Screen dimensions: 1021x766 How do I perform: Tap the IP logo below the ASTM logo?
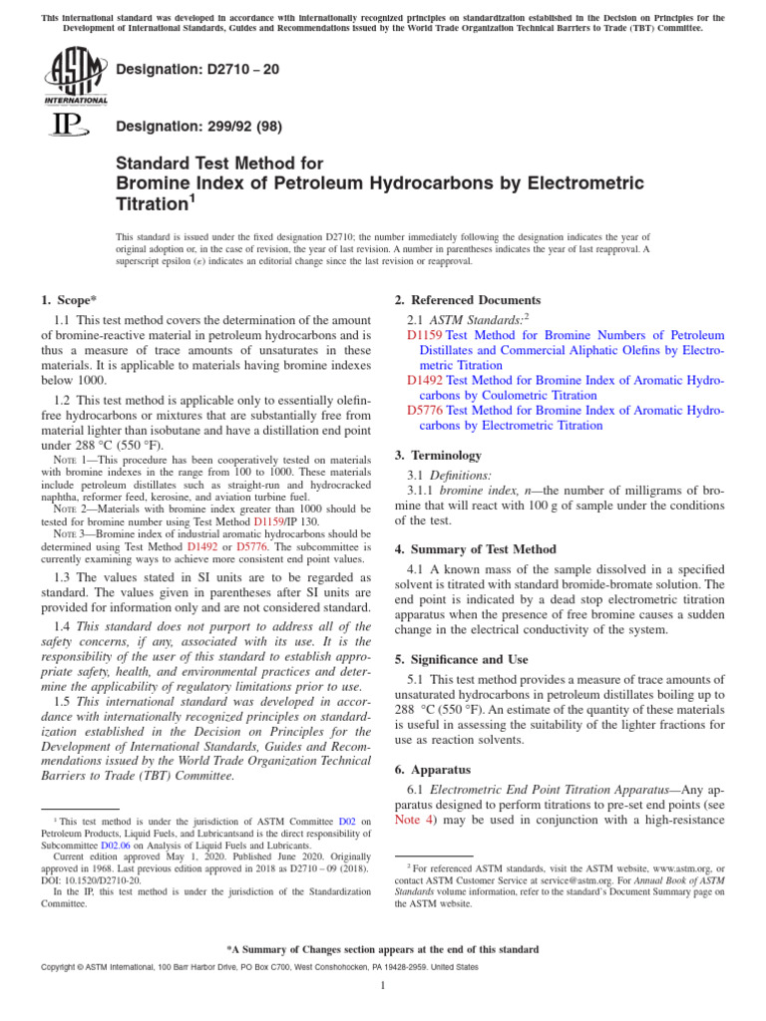[66, 125]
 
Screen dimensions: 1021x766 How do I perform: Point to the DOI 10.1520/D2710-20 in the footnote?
[89, 879]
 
